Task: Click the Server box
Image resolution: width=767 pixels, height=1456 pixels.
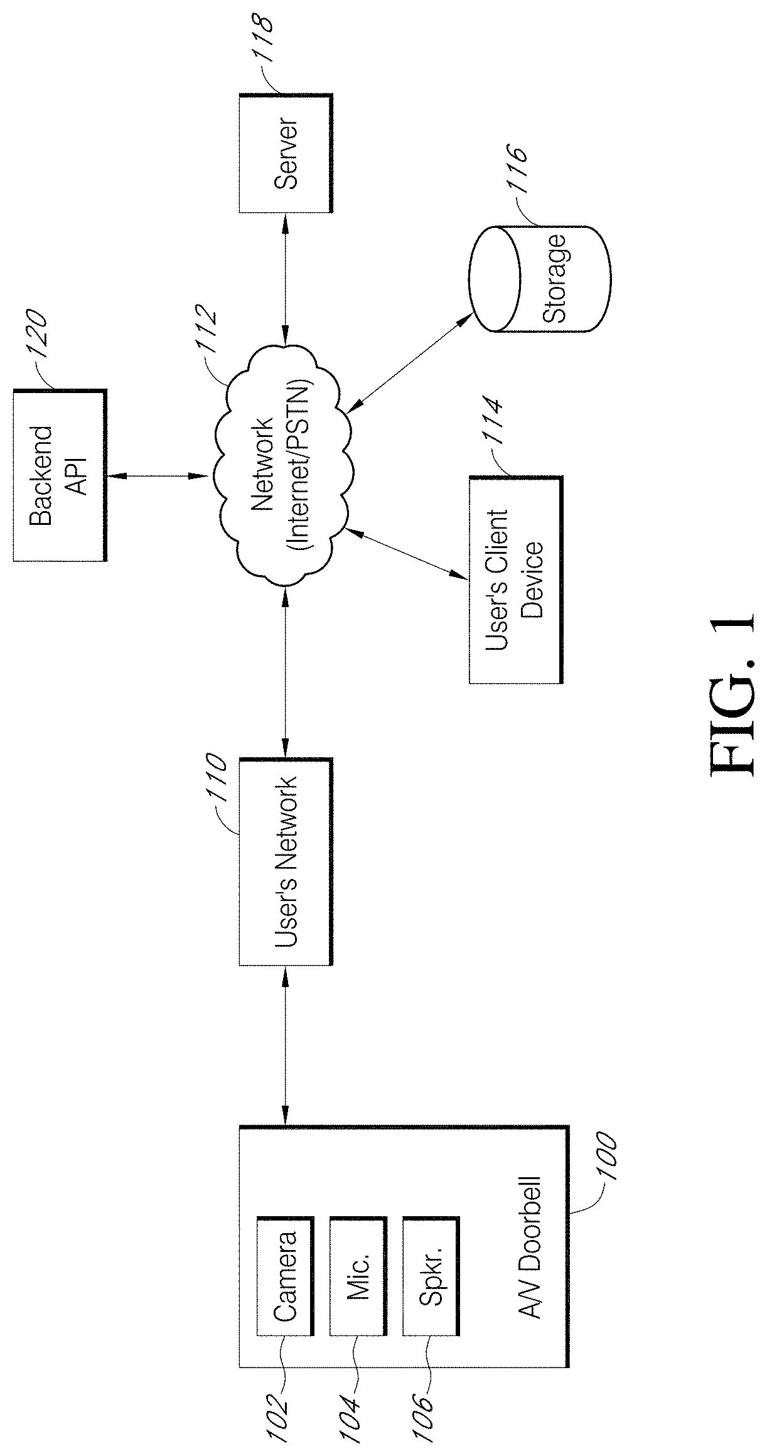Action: point(285,153)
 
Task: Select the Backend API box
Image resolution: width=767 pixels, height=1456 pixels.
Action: point(60,475)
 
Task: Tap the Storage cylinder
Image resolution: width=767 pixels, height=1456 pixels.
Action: point(540,279)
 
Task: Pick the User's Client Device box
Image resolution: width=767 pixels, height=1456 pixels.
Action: point(515,579)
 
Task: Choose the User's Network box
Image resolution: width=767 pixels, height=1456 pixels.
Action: point(285,861)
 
